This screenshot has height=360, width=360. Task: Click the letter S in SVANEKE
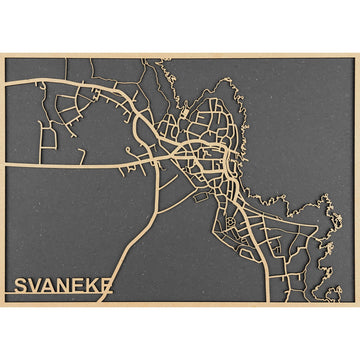point(21,286)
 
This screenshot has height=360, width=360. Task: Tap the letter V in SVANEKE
point(36,286)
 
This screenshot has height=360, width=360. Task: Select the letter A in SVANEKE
point(51,286)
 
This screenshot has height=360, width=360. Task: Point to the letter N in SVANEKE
point(66,286)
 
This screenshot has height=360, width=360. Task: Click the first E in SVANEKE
point(81,286)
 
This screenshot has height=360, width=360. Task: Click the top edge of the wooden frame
point(180,55)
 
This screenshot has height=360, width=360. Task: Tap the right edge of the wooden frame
point(357,180)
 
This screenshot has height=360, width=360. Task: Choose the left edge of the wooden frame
point(2,180)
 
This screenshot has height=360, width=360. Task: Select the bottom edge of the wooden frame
point(180,304)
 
